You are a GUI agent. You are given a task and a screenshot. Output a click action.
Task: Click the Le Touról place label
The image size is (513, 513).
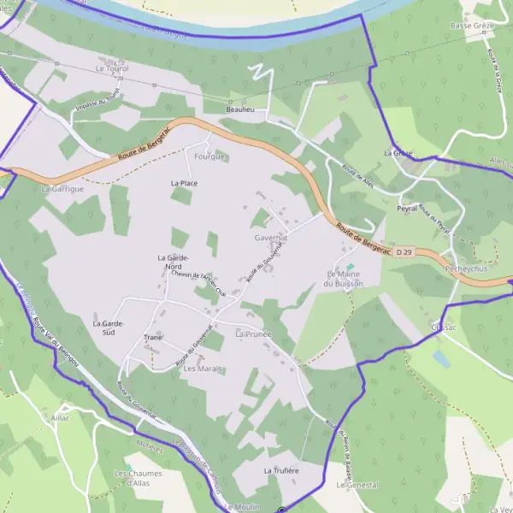click(x=111, y=68)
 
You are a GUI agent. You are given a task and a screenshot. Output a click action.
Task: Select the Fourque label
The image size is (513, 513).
click(x=209, y=157)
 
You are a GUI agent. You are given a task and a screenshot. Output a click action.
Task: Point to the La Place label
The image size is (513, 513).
click(x=185, y=183)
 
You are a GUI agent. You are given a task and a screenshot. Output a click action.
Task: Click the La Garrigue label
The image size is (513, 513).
click(x=62, y=188)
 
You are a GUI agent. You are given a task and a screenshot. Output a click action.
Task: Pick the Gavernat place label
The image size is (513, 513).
click(x=269, y=237)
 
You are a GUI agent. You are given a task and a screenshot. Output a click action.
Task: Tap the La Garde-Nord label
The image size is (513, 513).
click(x=174, y=262)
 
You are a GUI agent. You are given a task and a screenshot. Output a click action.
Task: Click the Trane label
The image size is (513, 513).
click(x=153, y=337)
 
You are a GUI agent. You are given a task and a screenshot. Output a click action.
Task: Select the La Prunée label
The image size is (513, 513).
click(x=253, y=333)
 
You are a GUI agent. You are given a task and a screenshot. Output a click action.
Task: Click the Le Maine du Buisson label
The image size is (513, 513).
click(x=345, y=278)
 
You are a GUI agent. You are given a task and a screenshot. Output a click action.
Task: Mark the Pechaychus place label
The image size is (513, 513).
click(x=466, y=268)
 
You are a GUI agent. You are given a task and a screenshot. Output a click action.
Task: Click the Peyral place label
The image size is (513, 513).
click(x=407, y=208)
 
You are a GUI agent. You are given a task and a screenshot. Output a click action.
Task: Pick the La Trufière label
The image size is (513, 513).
click(x=280, y=471)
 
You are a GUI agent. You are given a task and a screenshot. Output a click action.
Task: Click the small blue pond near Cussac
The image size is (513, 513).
click(x=440, y=357)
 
